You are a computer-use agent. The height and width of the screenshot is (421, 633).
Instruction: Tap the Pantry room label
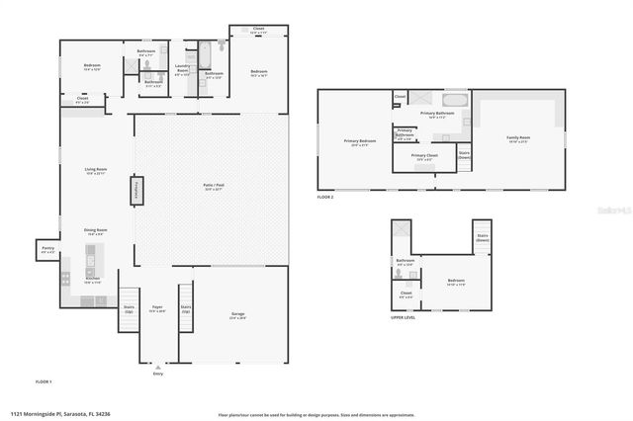click(47, 249)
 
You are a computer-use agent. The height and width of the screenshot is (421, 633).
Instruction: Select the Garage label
click(238, 314)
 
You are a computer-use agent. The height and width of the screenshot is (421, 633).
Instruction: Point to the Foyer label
click(157, 307)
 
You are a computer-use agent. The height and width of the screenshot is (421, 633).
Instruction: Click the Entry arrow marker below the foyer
click(157, 367)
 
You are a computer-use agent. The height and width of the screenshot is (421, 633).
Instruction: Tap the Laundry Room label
click(183, 69)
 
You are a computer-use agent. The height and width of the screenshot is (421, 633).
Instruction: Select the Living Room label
click(95, 170)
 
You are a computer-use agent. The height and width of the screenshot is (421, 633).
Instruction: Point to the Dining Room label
click(95, 230)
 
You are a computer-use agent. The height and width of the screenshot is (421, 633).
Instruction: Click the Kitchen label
click(92, 280)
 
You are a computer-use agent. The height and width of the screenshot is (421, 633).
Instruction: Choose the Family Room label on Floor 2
click(517, 137)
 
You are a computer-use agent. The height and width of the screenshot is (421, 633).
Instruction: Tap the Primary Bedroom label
click(355, 141)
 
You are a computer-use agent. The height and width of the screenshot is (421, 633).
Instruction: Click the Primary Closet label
click(424, 155)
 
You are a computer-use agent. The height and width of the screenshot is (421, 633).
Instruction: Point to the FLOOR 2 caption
click(325, 198)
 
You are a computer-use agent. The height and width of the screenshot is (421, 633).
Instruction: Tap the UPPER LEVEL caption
click(402, 318)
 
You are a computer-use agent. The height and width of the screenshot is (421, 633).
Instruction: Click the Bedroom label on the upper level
click(455, 281)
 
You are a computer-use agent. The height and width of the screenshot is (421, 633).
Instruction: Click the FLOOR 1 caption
click(43, 380)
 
